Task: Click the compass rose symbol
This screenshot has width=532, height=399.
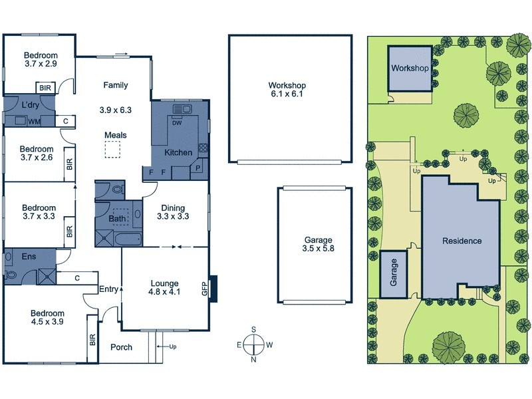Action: click(x=253, y=344)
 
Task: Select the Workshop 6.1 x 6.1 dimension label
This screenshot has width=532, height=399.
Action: click(x=287, y=90)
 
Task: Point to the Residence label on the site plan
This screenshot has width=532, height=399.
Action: click(x=462, y=241)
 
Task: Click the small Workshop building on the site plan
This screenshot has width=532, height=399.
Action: click(x=409, y=69)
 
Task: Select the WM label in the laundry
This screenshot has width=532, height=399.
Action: click(x=34, y=121)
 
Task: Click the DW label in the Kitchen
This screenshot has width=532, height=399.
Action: click(x=177, y=122)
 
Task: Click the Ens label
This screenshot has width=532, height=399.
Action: click(x=28, y=255)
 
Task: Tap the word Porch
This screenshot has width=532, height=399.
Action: click(x=121, y=347)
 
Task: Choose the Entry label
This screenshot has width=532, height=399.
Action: click(x=108, y=289)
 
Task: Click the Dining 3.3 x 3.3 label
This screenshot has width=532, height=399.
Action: click(x=174, y=212)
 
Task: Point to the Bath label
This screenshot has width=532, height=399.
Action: click(x=117, y=218)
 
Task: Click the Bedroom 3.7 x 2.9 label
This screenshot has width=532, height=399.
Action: click(x=41, y=61)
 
